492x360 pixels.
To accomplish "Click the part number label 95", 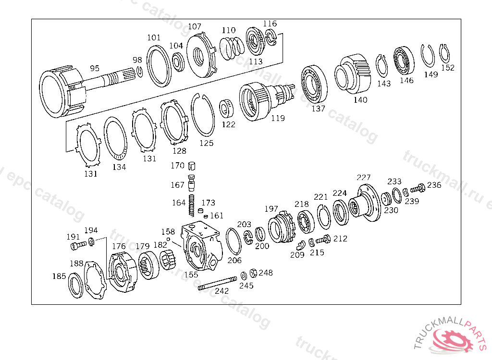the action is coord(95,69).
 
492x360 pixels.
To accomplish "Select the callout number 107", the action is coord(195,27).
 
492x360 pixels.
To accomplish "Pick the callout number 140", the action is coord(360,100).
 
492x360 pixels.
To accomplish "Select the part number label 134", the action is coord(119,167).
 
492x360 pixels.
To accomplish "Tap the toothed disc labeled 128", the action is coord(173,122).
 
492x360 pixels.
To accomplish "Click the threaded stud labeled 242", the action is coord(217,283).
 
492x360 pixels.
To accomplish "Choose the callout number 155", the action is coord(191,275).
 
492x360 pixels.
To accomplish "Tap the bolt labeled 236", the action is coord(420,187).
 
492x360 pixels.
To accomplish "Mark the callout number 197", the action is coord(271,209).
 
